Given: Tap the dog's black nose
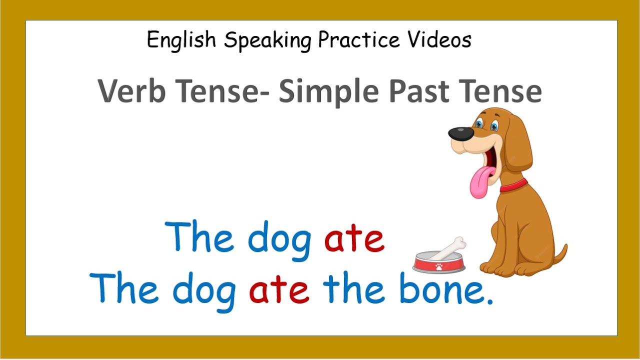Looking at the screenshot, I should [460, 133].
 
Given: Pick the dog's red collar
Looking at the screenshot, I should [514, 185].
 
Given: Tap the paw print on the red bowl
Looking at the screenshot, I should [438, 266].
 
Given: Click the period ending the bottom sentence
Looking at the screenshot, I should [489, 301].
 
